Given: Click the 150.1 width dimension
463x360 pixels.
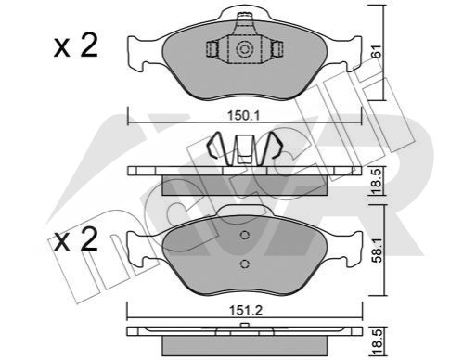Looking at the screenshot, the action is tap(244, 116).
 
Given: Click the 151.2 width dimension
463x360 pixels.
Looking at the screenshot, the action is tap(246, 310).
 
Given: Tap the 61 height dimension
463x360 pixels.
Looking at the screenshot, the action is tap(377, 51).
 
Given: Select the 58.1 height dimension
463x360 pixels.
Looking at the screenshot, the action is tap(378, 251).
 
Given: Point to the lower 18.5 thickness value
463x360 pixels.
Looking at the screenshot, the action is tap(378, 341).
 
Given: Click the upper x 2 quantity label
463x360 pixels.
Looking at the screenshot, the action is tap(76, 45).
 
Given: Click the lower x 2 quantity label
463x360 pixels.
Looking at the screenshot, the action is tap(76, 239).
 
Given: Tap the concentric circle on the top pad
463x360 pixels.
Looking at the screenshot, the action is tap(244, 49).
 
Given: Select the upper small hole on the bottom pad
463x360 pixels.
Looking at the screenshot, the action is tap(245, 236).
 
